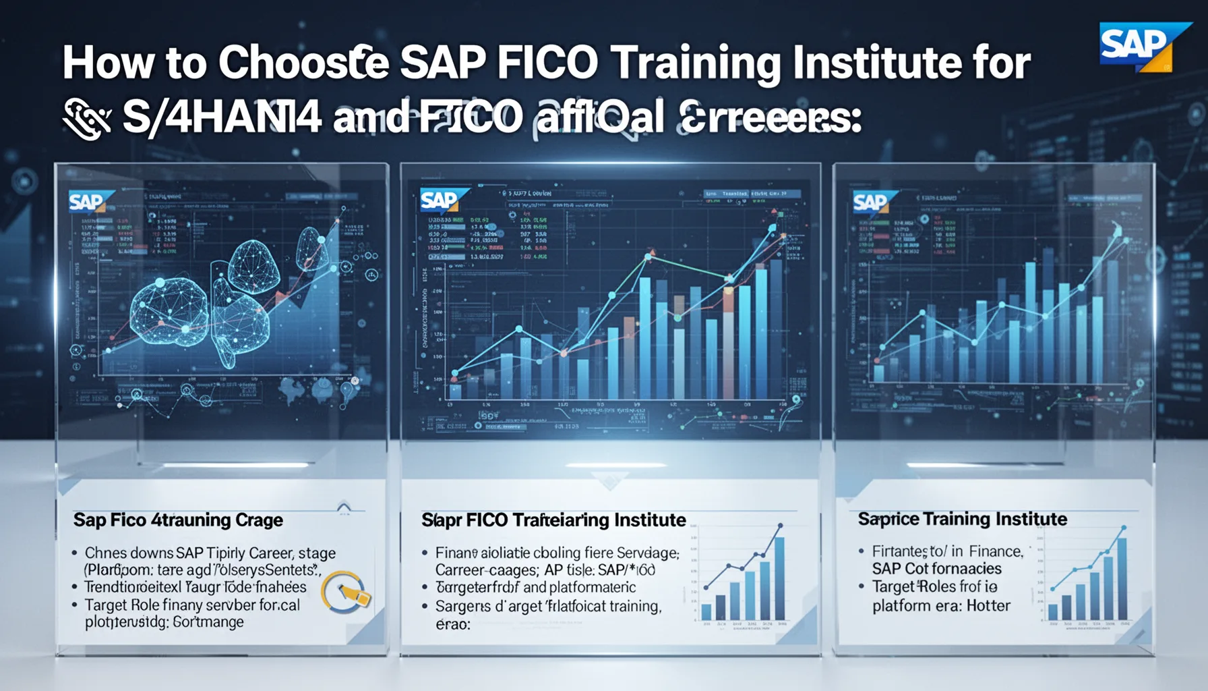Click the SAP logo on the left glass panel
[x=88, y=202]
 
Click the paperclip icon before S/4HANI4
[x=86, y=119]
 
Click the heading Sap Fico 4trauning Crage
[x=178, y=520]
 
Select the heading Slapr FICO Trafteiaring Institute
[x=553, y=520]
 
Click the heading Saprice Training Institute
[x=962, y=519]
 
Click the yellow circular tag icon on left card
[x=345, y=592]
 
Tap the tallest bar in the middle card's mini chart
[x=779, y=578]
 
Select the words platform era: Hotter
[x=941, y=606]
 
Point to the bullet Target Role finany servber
[x=192, y=605]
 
